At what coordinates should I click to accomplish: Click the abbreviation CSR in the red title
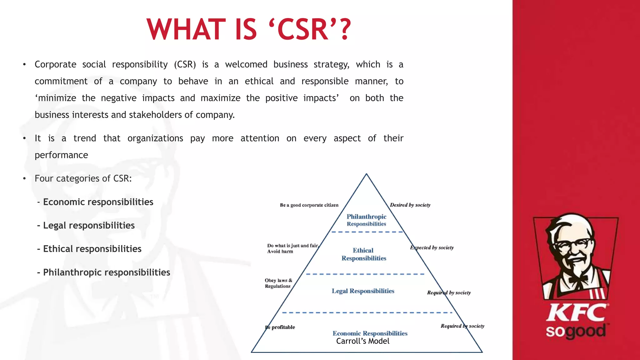click(x=302, y=30)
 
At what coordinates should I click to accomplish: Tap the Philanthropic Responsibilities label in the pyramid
click(x=366, y=220)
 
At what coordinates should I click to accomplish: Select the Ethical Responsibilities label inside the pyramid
click(x=364, y=254)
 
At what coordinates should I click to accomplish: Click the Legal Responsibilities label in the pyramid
click(x=363, y=291)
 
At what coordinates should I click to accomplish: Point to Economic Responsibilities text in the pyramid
click(x=370, y=333)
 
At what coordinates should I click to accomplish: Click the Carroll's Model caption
click(x=362, y=341)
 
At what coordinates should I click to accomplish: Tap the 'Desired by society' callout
click(x=410, y=205)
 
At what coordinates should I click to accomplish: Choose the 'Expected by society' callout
click(x=432, y=247)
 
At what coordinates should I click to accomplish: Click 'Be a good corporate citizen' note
click(x=309, y=205)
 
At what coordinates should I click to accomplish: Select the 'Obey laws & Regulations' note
click(x=278, y=283)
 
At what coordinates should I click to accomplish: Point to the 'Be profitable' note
click(x=280, y=327)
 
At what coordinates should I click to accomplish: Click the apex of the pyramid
click(x=366, y=174)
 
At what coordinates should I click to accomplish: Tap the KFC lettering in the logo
click(x=577, y=313)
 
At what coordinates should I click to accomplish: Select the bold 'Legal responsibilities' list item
click(x=89, y=225)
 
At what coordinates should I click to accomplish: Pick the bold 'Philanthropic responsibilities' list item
click(x=107, y=272)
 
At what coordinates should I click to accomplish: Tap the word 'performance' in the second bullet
click(x=61, y=155)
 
